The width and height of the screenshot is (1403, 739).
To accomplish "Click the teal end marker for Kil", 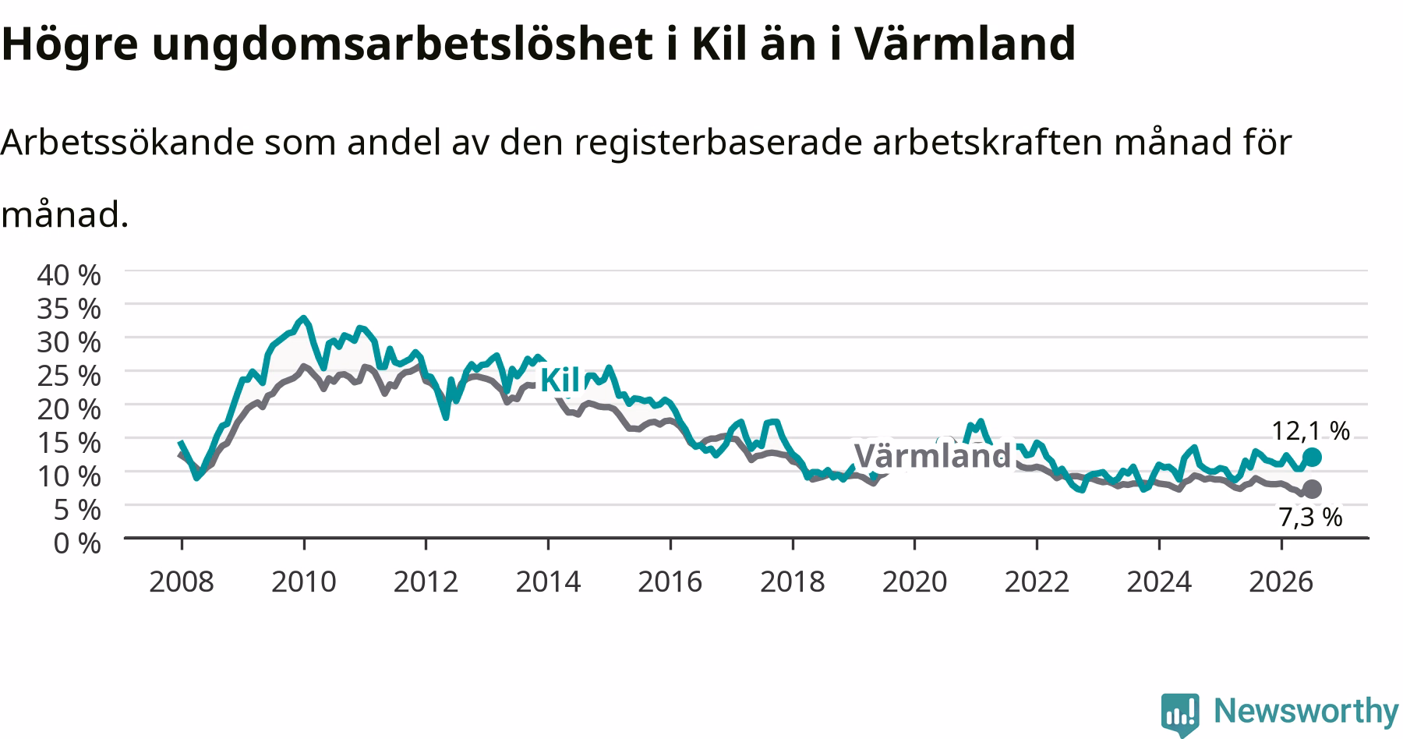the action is (1312, 457).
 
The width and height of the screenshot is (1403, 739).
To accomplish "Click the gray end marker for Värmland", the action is (1312, 489).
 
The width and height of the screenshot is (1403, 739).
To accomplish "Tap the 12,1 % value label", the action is (1310, 430).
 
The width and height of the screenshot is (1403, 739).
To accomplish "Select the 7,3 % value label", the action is (1310, 516).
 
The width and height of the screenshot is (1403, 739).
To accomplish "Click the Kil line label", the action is (560, 380).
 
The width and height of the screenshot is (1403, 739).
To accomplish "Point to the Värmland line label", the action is (932, 455).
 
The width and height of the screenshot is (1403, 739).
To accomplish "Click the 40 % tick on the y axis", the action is (69, 274).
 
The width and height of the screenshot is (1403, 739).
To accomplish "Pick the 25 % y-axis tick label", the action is (69, 375).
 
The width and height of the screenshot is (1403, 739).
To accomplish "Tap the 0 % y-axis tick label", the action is (77, 543).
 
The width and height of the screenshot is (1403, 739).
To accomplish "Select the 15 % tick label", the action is (69, 442).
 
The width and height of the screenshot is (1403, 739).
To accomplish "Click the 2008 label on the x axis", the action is (181, 582).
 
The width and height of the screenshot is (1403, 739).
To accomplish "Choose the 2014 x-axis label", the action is (548, 582).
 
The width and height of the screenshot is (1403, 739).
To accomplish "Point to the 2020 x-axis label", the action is (914, 582).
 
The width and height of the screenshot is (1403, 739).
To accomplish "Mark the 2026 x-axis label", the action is (1281, 582).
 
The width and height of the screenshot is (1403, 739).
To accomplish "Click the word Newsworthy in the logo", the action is (1306, 711).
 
